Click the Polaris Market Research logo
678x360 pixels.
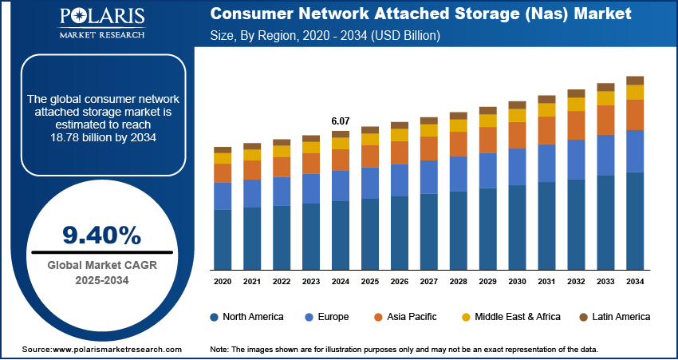click(x=101, y=24)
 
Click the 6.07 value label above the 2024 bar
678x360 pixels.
click(x=340, y=121)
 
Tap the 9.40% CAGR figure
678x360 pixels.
click(x=101, y=235)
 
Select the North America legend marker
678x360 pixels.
click(x=215, y=317)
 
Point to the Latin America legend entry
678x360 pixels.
click(x=613, y=317)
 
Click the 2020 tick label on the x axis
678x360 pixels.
click(x=223, y=282)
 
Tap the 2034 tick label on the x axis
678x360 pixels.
click(x=635, y=282)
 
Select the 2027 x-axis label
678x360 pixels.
click(x=429, y=282)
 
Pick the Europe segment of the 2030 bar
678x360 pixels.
click(x=517, y=166)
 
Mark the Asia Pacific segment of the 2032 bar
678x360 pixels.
click(x=576, y=125)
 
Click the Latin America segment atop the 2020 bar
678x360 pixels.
click(x=223, y=150)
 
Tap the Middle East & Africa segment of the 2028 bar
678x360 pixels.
click(x=458, y=125)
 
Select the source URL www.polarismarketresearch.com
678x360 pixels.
click(x=117, y=350)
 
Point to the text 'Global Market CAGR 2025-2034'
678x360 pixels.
click(x=101, y=272)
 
